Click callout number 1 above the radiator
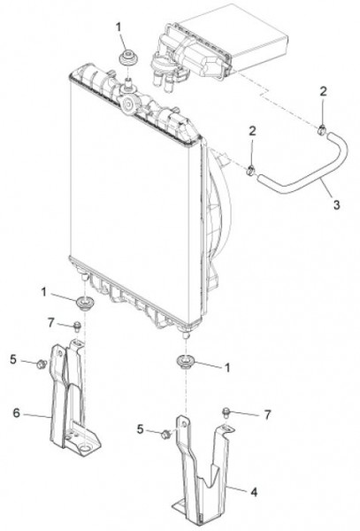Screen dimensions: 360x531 [x=119, y=27]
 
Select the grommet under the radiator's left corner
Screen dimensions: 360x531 [x=82, y=302]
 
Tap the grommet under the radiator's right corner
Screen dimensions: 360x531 [x=185, y=361]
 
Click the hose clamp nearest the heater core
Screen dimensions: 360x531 [x=322, y=129]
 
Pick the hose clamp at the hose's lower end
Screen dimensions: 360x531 [x=250, y=170]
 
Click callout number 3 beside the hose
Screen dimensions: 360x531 [x=336, y=204]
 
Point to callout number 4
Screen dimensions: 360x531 [x=254, y=492]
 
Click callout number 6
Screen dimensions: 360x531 [x=16, y=412]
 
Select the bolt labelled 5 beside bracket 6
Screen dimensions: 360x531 [x=42, y=365]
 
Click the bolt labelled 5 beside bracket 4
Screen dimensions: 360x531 [x=166, y=435]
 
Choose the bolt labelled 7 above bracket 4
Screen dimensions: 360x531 [x=226, y=412]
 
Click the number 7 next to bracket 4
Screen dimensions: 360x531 [x=267, y=414]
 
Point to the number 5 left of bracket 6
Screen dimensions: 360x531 [x=13, y=359]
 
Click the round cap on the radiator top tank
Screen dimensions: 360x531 [x=128, y=104]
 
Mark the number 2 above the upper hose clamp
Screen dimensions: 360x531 [x=324, y=91]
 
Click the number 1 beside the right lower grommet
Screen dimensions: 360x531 [x=227, y=368]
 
